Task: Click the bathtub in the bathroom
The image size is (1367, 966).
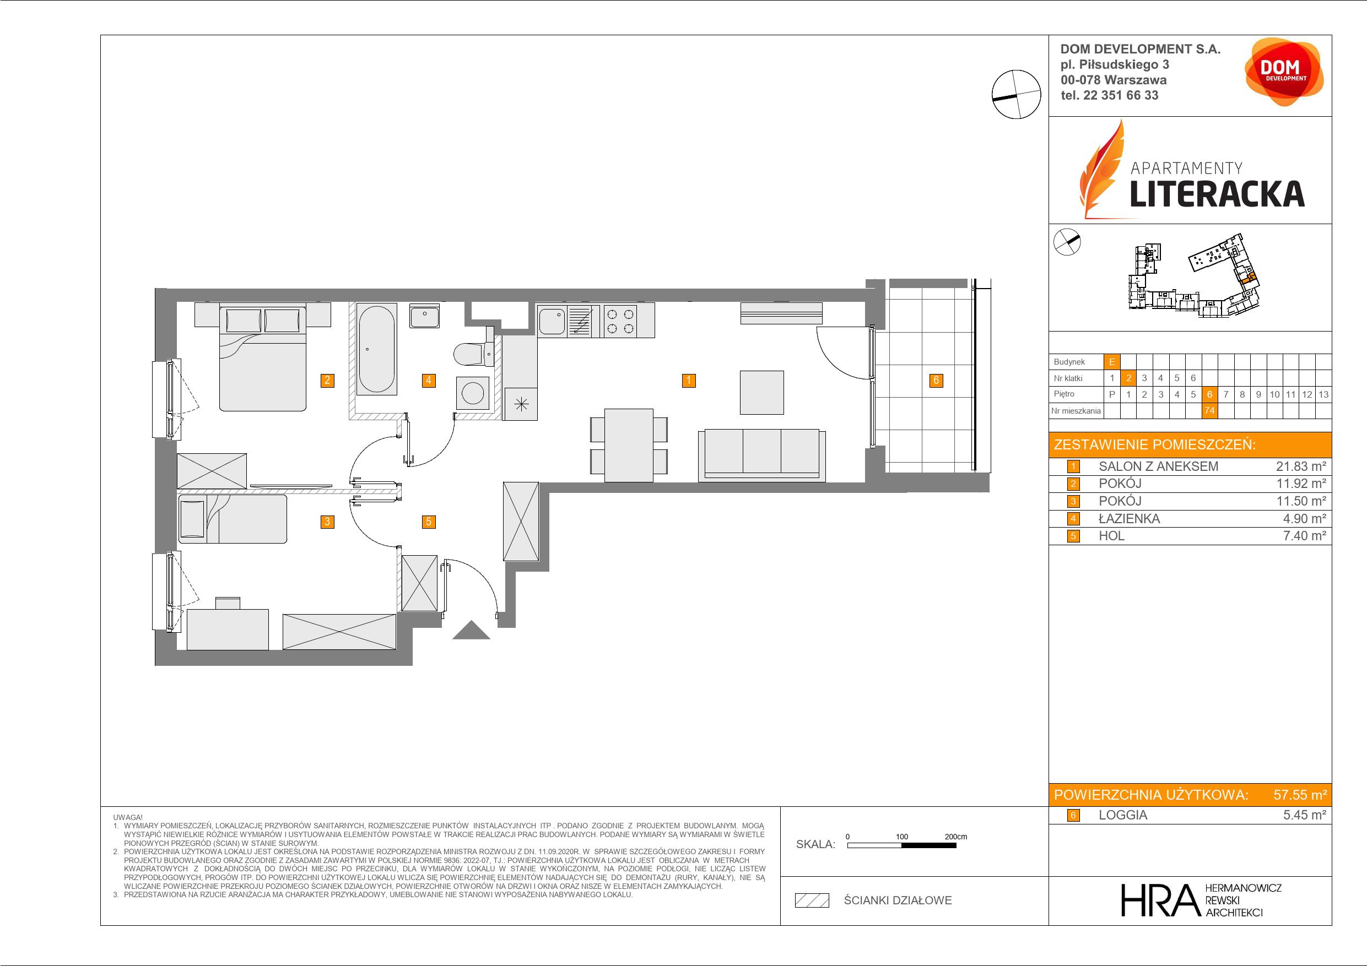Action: [376, 349]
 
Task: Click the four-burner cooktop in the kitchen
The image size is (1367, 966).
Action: [620, 321]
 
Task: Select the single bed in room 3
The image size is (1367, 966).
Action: [232, 518]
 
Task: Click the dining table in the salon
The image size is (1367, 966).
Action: [629, 445]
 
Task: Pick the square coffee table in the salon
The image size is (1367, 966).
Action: [761, 392]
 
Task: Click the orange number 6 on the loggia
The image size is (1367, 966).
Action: [936, 381]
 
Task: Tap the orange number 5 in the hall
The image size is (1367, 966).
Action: [429, 522]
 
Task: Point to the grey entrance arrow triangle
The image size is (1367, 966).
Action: [471, 631]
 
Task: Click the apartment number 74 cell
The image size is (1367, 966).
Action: [1209, 411]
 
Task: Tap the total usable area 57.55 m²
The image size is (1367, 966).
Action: [1300, 795]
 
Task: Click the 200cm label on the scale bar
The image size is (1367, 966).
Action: [956, 836]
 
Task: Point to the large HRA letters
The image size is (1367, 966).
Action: [1159, 900]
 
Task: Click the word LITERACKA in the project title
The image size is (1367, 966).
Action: [1217, 193]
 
